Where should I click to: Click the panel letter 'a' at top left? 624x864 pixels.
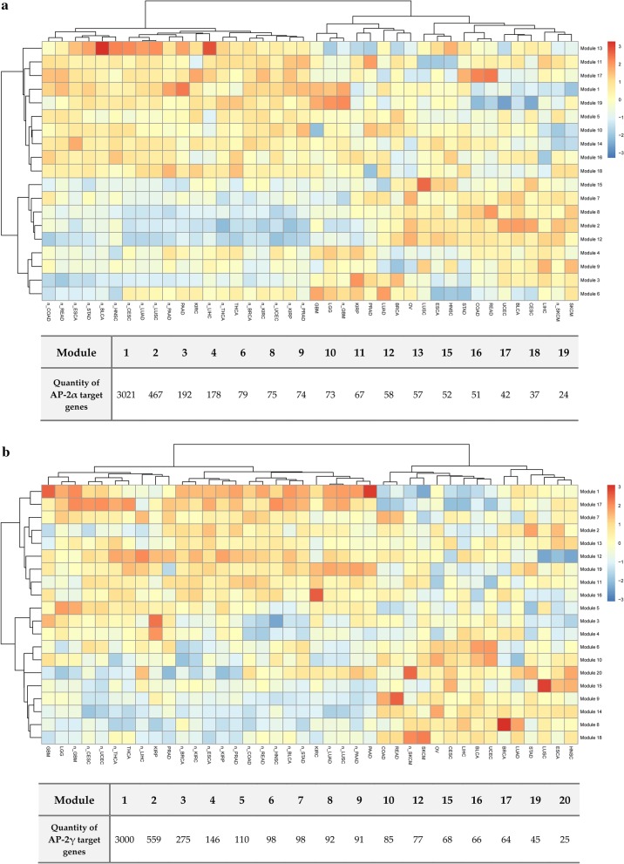[x=5, y=6]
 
